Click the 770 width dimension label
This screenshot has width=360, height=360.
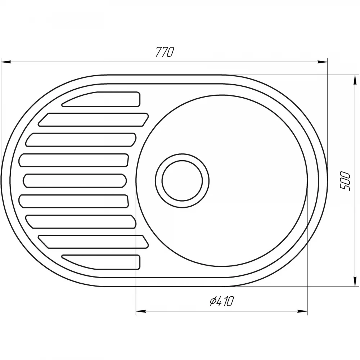(165, 52)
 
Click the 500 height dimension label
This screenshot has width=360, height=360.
(345, 181)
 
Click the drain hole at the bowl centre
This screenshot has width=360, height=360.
(182, 181)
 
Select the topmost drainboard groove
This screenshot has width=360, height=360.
(101, 99)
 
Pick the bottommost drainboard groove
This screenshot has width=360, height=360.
(101, 262)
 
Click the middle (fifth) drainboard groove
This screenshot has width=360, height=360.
(75, 180)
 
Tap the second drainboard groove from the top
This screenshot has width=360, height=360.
(93, 120)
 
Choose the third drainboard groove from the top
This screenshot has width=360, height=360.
(81, 140)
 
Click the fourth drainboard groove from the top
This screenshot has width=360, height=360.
(73, 160)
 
